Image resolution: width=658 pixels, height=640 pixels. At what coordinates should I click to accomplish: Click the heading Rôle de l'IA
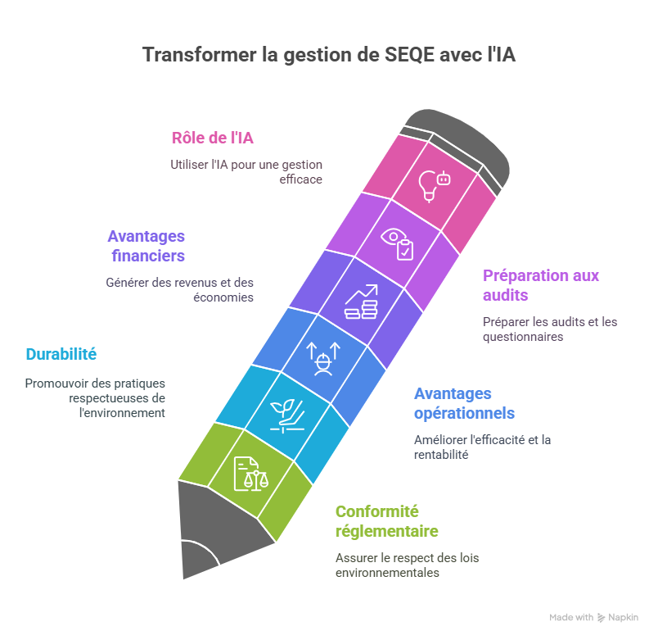click(x=212, y=138)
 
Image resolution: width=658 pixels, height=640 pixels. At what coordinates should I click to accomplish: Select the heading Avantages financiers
click(x=146, y=246)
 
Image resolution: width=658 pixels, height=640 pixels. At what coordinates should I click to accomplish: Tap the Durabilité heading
click(x=61, y=354)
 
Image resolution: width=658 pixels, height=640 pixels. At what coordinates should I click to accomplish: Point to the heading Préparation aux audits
click(x=540, y=284)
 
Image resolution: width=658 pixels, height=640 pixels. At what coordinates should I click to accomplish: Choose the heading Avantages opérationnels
click(x=464, y=403)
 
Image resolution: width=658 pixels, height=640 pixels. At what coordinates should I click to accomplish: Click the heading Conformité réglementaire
click(x=387, y=521)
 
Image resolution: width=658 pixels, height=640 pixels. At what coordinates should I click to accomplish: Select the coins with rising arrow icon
click(x=361, y=302)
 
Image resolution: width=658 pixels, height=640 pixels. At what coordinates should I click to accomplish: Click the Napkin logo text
click(x=624, y=617)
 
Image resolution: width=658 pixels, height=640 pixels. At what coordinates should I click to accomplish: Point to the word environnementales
click(x=387, y=573)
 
